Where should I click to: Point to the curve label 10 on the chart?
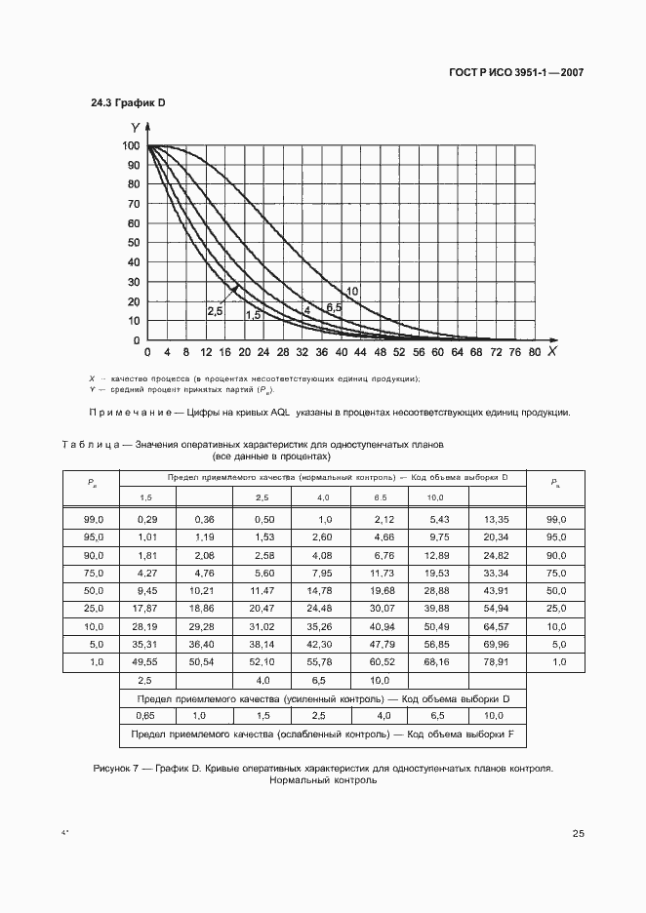[352, 292]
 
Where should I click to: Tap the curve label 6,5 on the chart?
[334, 307]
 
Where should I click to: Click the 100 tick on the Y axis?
[131, 146]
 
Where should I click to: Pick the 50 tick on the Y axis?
[134, 243]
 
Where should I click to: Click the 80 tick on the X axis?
[534, 351]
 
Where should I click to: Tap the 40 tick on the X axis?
[341, 351]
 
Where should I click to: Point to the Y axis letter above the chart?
[135, 127]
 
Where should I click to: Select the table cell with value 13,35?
[497, 519]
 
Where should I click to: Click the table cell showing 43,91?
[497, 590]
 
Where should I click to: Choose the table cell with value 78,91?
[497, 661]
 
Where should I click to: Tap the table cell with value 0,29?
[146, 519]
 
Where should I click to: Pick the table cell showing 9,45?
[146, 590]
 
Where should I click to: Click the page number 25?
[578, 834]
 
